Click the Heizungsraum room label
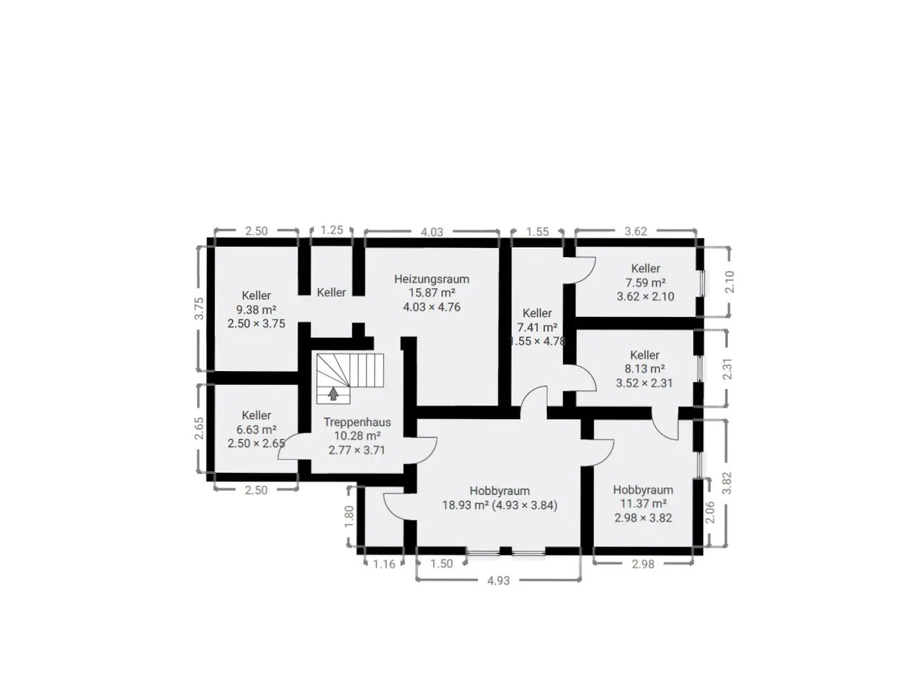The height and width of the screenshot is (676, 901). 431,279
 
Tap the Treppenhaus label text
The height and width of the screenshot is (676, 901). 357,422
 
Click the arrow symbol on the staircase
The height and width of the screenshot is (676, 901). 334,394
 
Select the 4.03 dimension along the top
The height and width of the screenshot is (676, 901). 431,232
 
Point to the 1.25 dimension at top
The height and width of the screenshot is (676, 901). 332,230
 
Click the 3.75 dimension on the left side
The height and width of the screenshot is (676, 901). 199,308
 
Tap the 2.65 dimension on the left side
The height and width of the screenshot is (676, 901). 199,428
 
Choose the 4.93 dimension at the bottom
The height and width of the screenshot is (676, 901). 498,580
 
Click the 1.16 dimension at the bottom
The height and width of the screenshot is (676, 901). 384,564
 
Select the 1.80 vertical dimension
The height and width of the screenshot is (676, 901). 349,517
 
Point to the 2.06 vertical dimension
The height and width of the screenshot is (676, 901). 710,512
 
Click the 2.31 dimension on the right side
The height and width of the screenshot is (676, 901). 727,369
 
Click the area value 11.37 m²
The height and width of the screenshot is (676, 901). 643,503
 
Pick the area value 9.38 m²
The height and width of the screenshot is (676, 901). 256,309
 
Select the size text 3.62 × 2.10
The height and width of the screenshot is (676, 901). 645,296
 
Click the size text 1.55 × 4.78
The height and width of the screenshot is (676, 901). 537,341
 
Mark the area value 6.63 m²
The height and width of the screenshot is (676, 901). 256,430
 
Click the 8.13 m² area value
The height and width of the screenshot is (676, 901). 645,368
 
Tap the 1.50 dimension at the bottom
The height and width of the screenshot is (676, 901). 441,563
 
